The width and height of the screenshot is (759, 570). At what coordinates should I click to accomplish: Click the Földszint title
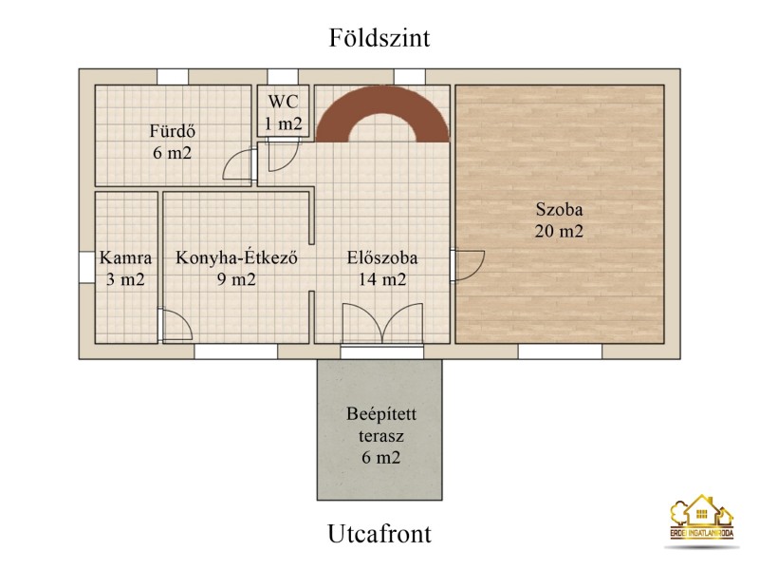[x=379, y=38]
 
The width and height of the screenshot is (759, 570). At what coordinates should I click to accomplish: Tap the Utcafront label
[x=379, y=534]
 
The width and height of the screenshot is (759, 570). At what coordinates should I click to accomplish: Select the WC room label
[x=283, y=102]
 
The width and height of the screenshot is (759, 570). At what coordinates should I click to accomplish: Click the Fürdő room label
[x=173, y=131]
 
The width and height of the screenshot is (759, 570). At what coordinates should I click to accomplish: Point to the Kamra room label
[x=125, y=257]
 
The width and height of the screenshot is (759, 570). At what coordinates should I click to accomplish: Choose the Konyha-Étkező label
[x=236, y=257]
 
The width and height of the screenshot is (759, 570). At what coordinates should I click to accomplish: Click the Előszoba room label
[x=382, y=257]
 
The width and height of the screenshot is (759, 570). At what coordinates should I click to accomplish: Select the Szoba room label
[x=559, y=209]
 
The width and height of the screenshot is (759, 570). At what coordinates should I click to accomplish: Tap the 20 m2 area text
[x=559, y=231]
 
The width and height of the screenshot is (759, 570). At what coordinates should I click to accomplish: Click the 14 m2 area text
[x=382, y=279]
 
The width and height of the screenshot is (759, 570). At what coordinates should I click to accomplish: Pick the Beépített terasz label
[x=381, y=425]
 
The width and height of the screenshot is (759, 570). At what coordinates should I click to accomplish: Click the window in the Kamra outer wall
[x=86, y=268]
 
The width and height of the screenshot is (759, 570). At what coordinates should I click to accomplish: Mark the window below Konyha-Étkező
[x=236, y=351]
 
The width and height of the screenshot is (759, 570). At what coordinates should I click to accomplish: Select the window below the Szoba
[x=560, y=351]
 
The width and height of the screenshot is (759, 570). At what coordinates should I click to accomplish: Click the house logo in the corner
[x=701, y=518]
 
